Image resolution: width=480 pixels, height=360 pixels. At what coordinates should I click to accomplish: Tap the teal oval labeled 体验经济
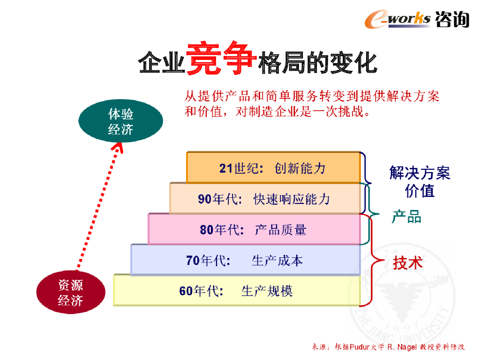tap(120, 121)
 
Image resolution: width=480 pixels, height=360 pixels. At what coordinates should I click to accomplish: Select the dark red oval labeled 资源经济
tap(70, 293)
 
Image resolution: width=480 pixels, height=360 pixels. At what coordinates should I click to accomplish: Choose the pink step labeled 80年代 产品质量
tap(254, 230)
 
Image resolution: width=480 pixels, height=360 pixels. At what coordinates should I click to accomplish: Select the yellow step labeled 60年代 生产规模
tap(236, 291)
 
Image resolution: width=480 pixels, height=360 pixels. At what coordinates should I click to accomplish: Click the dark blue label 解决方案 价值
tap(420, 182)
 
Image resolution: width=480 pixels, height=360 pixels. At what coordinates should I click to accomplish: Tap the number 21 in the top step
tap(226, 168)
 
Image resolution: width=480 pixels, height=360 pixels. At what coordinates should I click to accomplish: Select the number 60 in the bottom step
tap(186, 291)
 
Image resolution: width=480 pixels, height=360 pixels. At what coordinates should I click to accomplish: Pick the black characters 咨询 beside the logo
tap(452, 19)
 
